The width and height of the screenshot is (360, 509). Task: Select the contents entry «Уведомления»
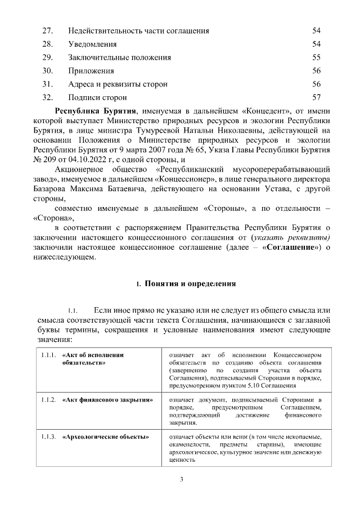[x=92, y=44]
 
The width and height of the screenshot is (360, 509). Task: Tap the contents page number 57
[x=316, y=97]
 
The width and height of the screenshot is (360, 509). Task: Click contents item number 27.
[x=47, y=30]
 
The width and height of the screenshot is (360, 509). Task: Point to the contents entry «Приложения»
[x=91, y=71]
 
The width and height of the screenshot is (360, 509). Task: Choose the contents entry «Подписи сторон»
[x=97, y=97]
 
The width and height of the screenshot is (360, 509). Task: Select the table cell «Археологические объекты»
[x=105, y=437]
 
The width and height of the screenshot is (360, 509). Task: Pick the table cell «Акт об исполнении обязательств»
[x=93, y=359]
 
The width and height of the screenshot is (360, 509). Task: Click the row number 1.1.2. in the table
[x=48, y=400]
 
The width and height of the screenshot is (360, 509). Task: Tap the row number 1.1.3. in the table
[x=48, y=437]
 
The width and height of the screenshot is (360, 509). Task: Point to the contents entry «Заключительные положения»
[x=119, y=57]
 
